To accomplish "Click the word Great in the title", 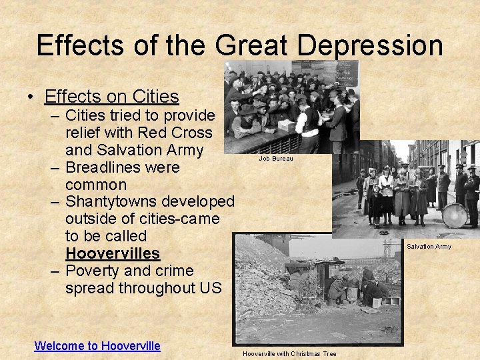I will pos(251,45).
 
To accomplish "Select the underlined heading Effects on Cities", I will pos(112,97).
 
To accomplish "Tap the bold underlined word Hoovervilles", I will pos(113,253).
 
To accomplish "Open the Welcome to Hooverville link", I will pos(97,345).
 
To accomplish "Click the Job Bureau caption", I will pos(275,159).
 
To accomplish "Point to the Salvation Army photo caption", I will pos(429,247).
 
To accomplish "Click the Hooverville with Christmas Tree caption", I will pos(289,353).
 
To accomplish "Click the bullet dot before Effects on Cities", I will pos(31,97).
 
